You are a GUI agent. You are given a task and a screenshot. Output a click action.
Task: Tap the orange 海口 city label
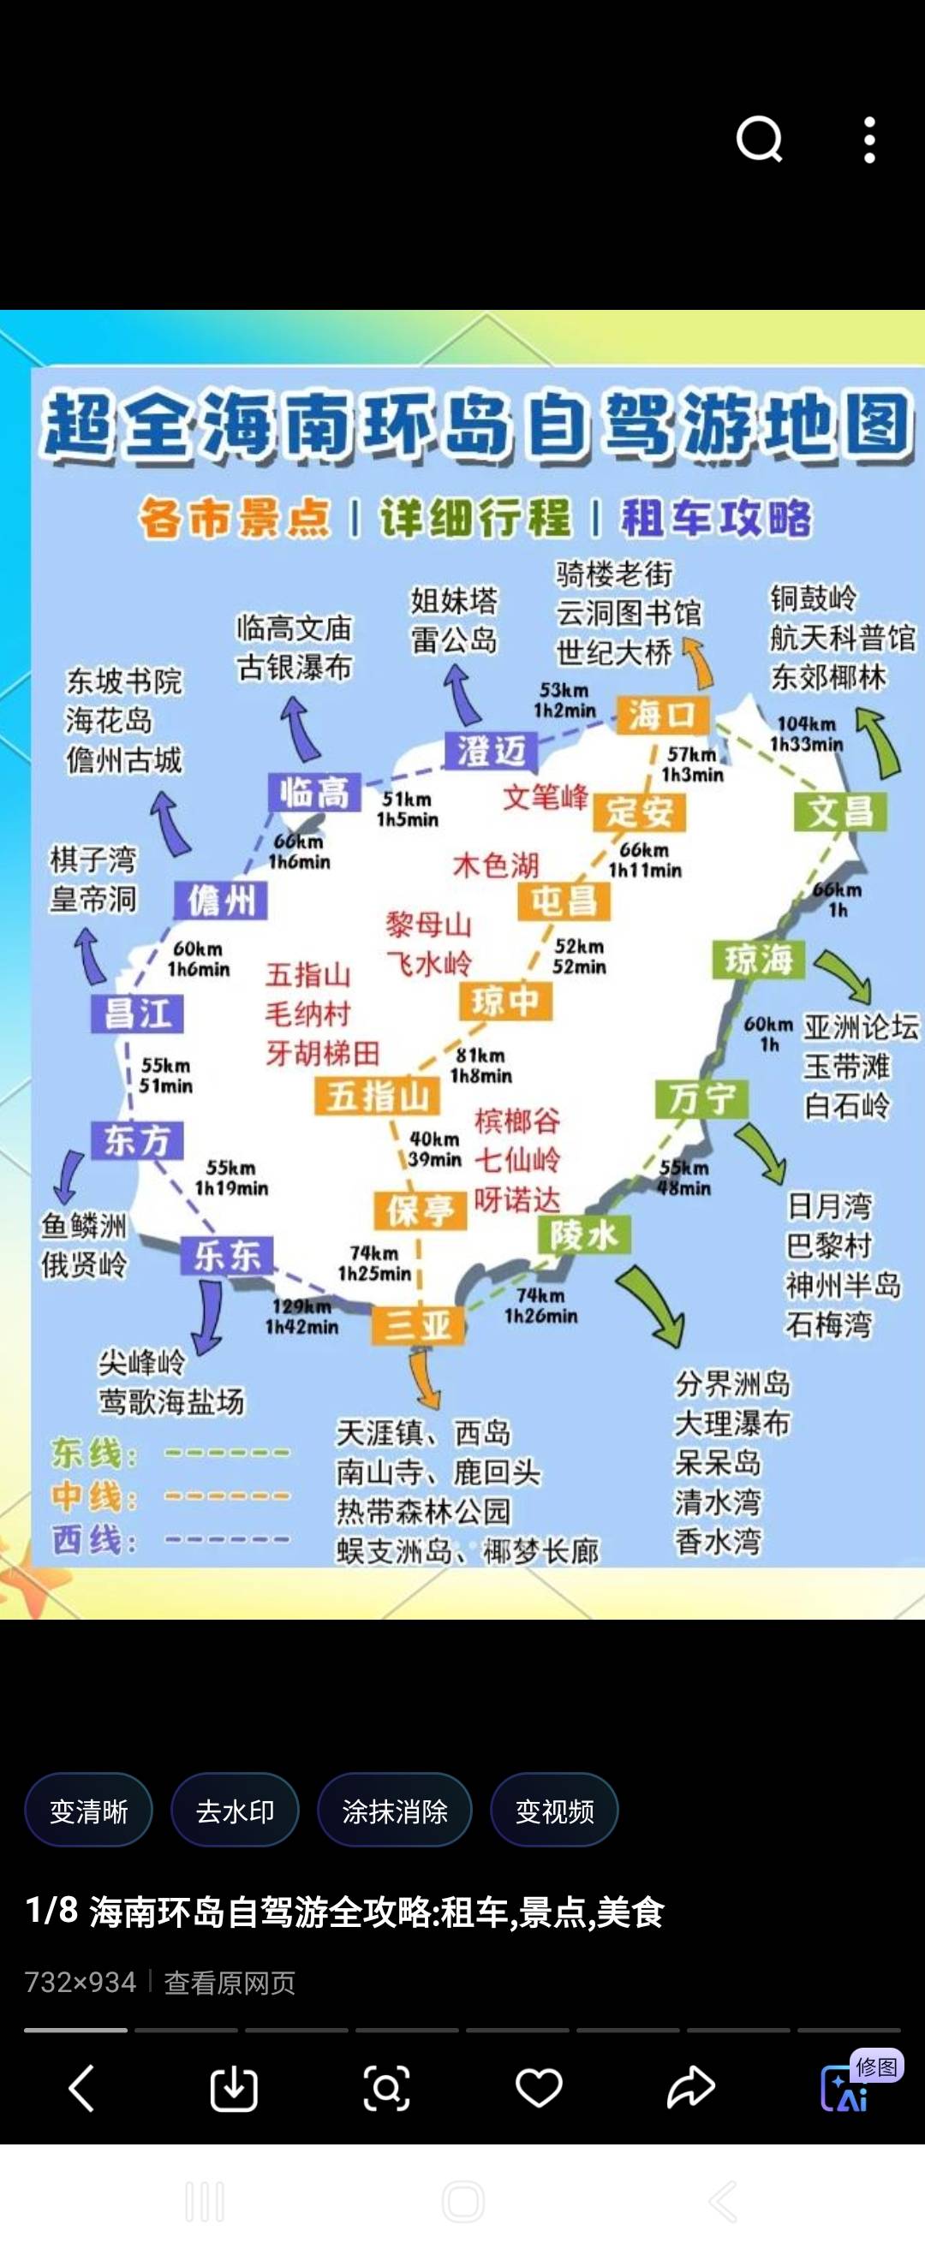662,715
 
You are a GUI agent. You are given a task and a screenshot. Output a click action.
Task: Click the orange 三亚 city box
418,1323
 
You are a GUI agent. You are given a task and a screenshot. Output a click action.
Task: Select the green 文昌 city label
840,811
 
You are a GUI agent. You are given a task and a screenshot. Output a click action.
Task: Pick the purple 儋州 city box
220,900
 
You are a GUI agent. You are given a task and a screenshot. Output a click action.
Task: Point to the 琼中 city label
505,1001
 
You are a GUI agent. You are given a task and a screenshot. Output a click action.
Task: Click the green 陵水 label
583,1235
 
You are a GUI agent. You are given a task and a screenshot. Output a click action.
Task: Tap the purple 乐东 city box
226,1255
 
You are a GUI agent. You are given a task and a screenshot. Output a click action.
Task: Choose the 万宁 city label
701,1098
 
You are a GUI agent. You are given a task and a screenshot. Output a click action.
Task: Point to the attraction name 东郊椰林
828,676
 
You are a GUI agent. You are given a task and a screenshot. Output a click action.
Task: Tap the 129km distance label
301,1306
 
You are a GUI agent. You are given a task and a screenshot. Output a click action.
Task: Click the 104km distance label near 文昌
806,723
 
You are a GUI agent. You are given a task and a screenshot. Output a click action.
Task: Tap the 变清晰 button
88,1810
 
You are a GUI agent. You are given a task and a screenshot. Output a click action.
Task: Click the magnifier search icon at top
759,140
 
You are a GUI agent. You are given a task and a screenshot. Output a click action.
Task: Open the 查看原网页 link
230,1983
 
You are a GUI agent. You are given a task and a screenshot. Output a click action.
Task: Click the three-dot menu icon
868,140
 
